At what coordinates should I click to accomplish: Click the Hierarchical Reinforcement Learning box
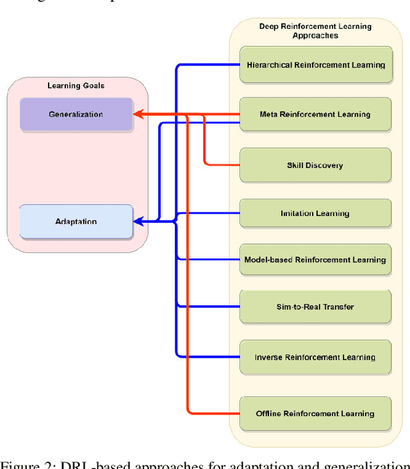coord(315,65)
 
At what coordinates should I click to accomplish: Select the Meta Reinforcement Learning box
coord(315,115)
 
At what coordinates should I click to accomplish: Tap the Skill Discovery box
coord(315,165)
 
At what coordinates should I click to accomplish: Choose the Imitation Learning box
coord(315,213)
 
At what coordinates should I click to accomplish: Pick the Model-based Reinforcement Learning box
coord(315,260)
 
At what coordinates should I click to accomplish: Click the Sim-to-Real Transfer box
coord(315,307)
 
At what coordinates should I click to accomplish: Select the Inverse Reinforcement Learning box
coord(315,358)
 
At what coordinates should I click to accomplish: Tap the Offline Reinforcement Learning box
coord(315,414)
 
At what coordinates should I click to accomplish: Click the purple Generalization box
coord(76,115)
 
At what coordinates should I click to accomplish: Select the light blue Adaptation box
coord(76,222)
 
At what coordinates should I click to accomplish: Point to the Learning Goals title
coord(76,86)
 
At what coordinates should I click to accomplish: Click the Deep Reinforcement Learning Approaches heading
coord(315,31)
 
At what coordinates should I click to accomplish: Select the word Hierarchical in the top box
coord(270,65)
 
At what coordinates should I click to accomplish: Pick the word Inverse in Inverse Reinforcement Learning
coord(268,358)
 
